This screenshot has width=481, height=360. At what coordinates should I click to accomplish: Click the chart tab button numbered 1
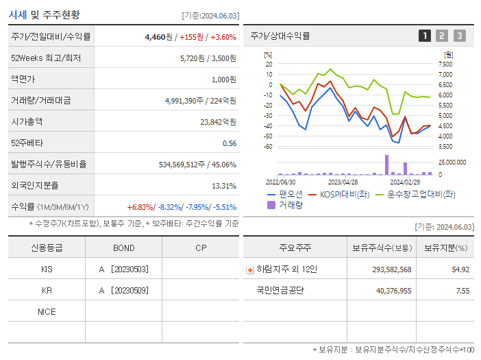click(x=425, y=36)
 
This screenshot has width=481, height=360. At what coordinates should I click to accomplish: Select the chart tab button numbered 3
click(x=459, y=36)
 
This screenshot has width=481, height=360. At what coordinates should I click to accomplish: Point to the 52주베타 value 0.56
click(x=230, y=143)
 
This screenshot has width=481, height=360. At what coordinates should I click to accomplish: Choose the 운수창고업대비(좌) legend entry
click(x=415, y=194)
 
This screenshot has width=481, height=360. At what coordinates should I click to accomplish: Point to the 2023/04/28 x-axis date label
click(x=343, y=182)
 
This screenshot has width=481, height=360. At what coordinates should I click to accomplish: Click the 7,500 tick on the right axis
click(x=445, y=64)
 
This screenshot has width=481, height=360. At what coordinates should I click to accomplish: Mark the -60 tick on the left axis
click(x=268, y=147)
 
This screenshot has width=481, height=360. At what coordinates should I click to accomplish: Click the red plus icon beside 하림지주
click(x=249, y=269)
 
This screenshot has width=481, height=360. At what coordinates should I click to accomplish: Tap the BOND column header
click(x=123, y=248)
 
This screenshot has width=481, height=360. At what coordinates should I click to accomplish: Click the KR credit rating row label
click(x=47, y=291)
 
